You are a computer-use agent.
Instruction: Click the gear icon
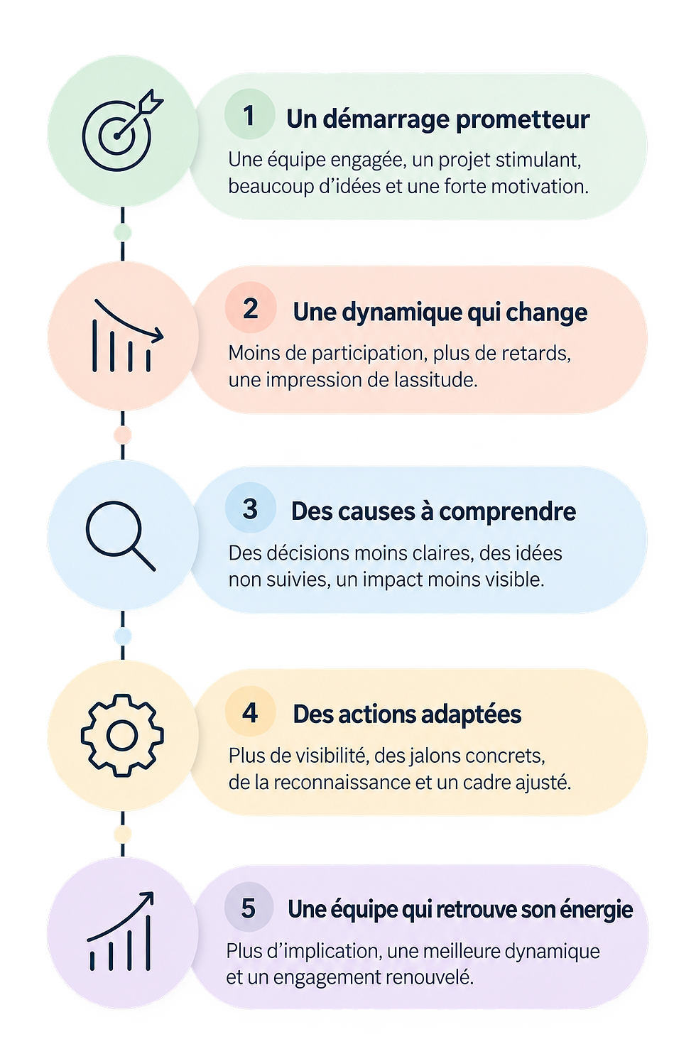(122, 736)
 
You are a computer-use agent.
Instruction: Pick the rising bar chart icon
(120, 931)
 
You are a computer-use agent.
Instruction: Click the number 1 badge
(249, 114)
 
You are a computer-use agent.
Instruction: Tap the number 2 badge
(250, 308)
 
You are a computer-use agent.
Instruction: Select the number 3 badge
(250, 509)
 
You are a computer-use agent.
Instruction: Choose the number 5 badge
(249, 908)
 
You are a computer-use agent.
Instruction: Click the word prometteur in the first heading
(523, 120)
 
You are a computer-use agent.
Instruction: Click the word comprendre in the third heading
(507, 512)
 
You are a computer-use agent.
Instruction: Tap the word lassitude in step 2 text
(436, 380)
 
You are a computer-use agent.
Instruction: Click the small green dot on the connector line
(123, 232)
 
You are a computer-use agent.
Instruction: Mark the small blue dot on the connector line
(123, 636)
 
